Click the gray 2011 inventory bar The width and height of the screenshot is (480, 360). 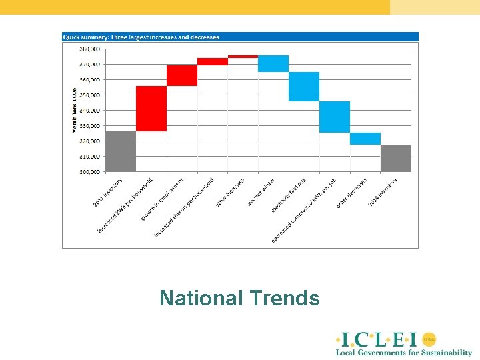pyautogui.click(x=121, y=151)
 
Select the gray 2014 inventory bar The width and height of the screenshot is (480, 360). pyautogui.click(x=395, y=158)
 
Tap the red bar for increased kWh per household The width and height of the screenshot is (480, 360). pyautogui.click(x=151, y=109)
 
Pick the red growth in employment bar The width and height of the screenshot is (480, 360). pyautogui.click(x=182, y=75)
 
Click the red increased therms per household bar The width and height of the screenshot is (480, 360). pyautogui.click(x=213, y=61)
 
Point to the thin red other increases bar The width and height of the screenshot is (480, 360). pyautogui.click(x=243, y=57)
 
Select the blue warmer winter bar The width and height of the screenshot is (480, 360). pyautogui.click(x=273, y=63)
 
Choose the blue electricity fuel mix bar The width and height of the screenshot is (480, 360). pyautogui.click(x=304, y=87)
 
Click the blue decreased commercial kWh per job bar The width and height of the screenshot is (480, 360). pyautogui.click(x=335, y=117)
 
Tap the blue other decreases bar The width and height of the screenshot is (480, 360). pyautogui.click(x=365, y=139)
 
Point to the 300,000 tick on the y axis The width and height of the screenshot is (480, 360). pyautogui.click(x=90, y=172)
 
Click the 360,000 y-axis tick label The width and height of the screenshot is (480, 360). pyautogui.click(x=90, y=79)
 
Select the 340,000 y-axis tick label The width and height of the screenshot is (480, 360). pyautogui.click(x=90, y=110)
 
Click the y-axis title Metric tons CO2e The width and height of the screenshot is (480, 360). pyautogui.click(x=74, y=109)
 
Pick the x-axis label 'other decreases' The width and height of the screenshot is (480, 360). pyautogui.click(x=352, y=193)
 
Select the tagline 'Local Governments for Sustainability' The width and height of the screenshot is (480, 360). pyautogui.click(x=404, y=352)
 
